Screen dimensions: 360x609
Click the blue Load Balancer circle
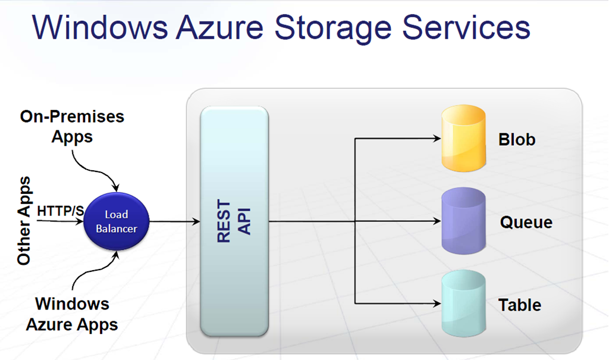coord(117,221)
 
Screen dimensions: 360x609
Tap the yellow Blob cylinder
coord(464,139)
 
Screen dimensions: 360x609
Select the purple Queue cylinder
coord(464,222)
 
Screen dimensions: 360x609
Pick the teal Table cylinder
coord(464,304)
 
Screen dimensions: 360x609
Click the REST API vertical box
coord(234,221)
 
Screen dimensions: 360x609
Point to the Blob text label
coord(517,140)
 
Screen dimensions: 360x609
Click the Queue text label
coord(526,223)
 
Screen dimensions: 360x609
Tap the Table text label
coord(520,305)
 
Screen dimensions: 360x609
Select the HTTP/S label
coord(60,211)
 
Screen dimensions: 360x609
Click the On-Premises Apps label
coord(72,126)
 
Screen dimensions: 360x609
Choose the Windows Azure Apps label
coord(72,314)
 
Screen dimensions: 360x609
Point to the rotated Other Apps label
coord(24,221)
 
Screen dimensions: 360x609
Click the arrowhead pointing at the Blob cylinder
coord(437,140)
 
